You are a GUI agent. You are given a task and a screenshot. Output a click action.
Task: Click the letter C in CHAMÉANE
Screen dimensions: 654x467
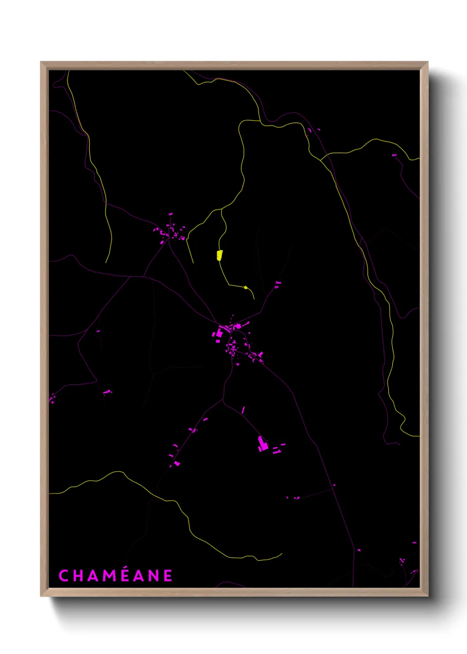(x=64, y=576)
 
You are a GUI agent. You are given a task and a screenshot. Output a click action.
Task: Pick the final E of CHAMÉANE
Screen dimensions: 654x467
(x=168, y=576)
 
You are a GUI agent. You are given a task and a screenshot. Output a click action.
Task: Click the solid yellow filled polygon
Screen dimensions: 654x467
(x=219, y=255)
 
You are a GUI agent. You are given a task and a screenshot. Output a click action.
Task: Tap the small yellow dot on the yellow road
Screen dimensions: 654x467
(x=246, y=287)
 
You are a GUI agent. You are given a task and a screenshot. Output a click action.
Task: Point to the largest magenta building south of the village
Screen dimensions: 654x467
(x=263, y=444)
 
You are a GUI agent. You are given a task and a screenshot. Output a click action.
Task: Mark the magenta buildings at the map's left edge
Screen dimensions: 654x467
(x=52, y=399)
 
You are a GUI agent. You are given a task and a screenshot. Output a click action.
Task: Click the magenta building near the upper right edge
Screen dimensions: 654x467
(x=394, y=155)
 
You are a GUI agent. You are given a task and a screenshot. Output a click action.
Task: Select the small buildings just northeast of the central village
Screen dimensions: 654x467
(x=278, y=284)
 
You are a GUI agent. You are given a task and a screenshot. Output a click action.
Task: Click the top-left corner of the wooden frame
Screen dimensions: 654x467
(x=41, y=62)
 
